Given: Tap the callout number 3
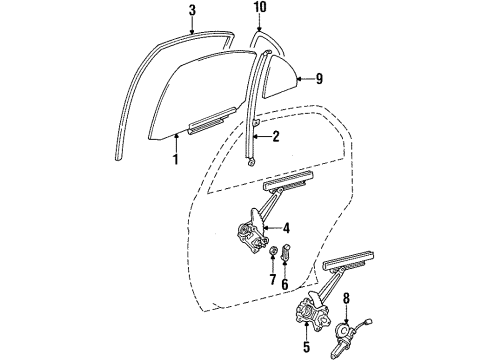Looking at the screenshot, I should (x=191, y=12).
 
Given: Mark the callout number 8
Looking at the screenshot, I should (x=347, y=298).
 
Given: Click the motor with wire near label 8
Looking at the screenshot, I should (x=351, y=330).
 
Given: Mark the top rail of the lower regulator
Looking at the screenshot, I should (x=350, y=265).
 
